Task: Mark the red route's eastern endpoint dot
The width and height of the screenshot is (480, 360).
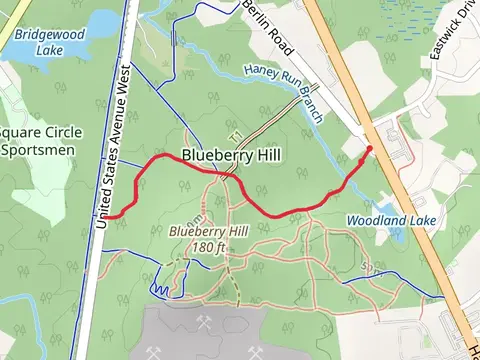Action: pyautogui.click(x=370, y=149)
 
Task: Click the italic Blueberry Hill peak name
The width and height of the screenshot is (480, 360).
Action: pyautogui.click(x=209, y=232)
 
